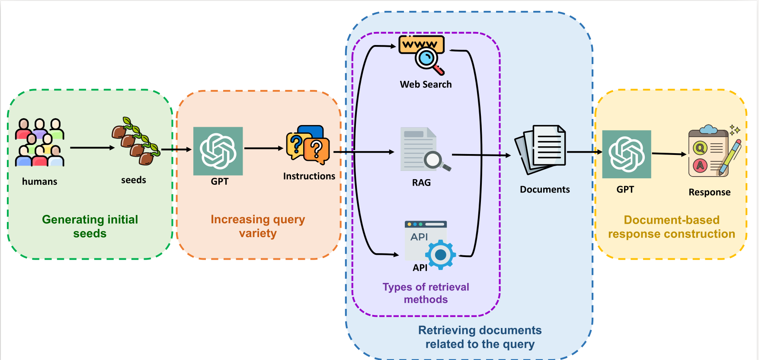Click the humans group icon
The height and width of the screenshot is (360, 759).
click(39, 143)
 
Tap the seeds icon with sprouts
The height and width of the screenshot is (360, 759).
click(136, 141)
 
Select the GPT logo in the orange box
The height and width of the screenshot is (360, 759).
click(218, 151)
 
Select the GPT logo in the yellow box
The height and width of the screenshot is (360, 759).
click(627, 154)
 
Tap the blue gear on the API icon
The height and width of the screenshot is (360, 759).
click(441, 255)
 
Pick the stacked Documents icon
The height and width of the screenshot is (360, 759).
click(540, 149)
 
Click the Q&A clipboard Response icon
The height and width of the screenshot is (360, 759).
click(714, 151)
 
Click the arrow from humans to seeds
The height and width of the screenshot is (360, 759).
click(92, 148)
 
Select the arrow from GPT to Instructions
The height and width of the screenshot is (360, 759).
click(263, 148)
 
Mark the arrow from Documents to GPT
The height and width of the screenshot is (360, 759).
click(584, 152)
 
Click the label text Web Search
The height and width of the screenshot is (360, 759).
click(426, 84)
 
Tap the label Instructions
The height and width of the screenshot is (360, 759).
click(309, 176)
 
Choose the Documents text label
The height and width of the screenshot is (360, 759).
click(544, 190)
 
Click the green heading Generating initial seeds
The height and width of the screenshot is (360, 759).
click(90, 226)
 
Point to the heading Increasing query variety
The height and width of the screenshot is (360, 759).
click(258, 226)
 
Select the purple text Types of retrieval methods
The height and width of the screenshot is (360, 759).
click(426, 293)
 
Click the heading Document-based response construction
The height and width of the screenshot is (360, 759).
click(671, 227)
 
